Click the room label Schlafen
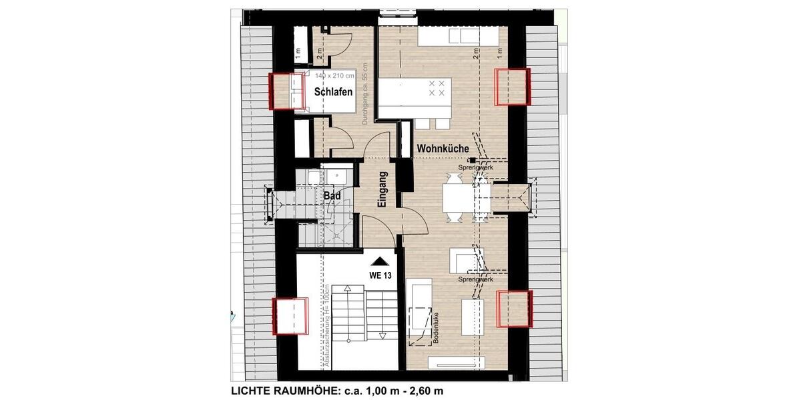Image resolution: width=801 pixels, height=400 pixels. (x=333, y=93)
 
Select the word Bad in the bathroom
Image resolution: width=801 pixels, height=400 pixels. (x=332, y=196)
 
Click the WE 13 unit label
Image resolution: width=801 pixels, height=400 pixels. (x=380, y=275)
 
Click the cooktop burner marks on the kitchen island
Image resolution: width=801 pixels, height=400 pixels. (x=437, y=88)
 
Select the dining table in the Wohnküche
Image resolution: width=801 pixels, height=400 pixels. (x=459, y=198)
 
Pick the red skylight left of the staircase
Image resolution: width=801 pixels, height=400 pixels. (x=290, y=315)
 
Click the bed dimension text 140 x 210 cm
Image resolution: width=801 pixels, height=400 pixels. (x=336, y=77)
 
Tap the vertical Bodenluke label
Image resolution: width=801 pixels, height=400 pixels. (x=435, y=331)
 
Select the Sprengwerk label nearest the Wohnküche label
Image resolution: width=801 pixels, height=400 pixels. (x=476, y=167)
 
